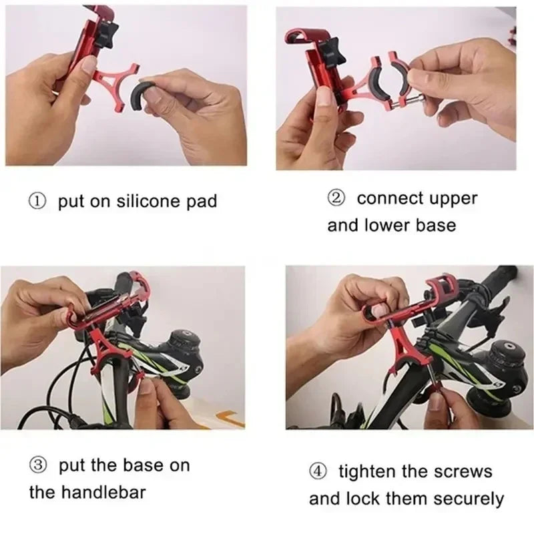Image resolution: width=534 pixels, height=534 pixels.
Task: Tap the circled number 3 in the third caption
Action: point(37,465)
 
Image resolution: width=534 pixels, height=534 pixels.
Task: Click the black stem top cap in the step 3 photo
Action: point(184,338)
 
